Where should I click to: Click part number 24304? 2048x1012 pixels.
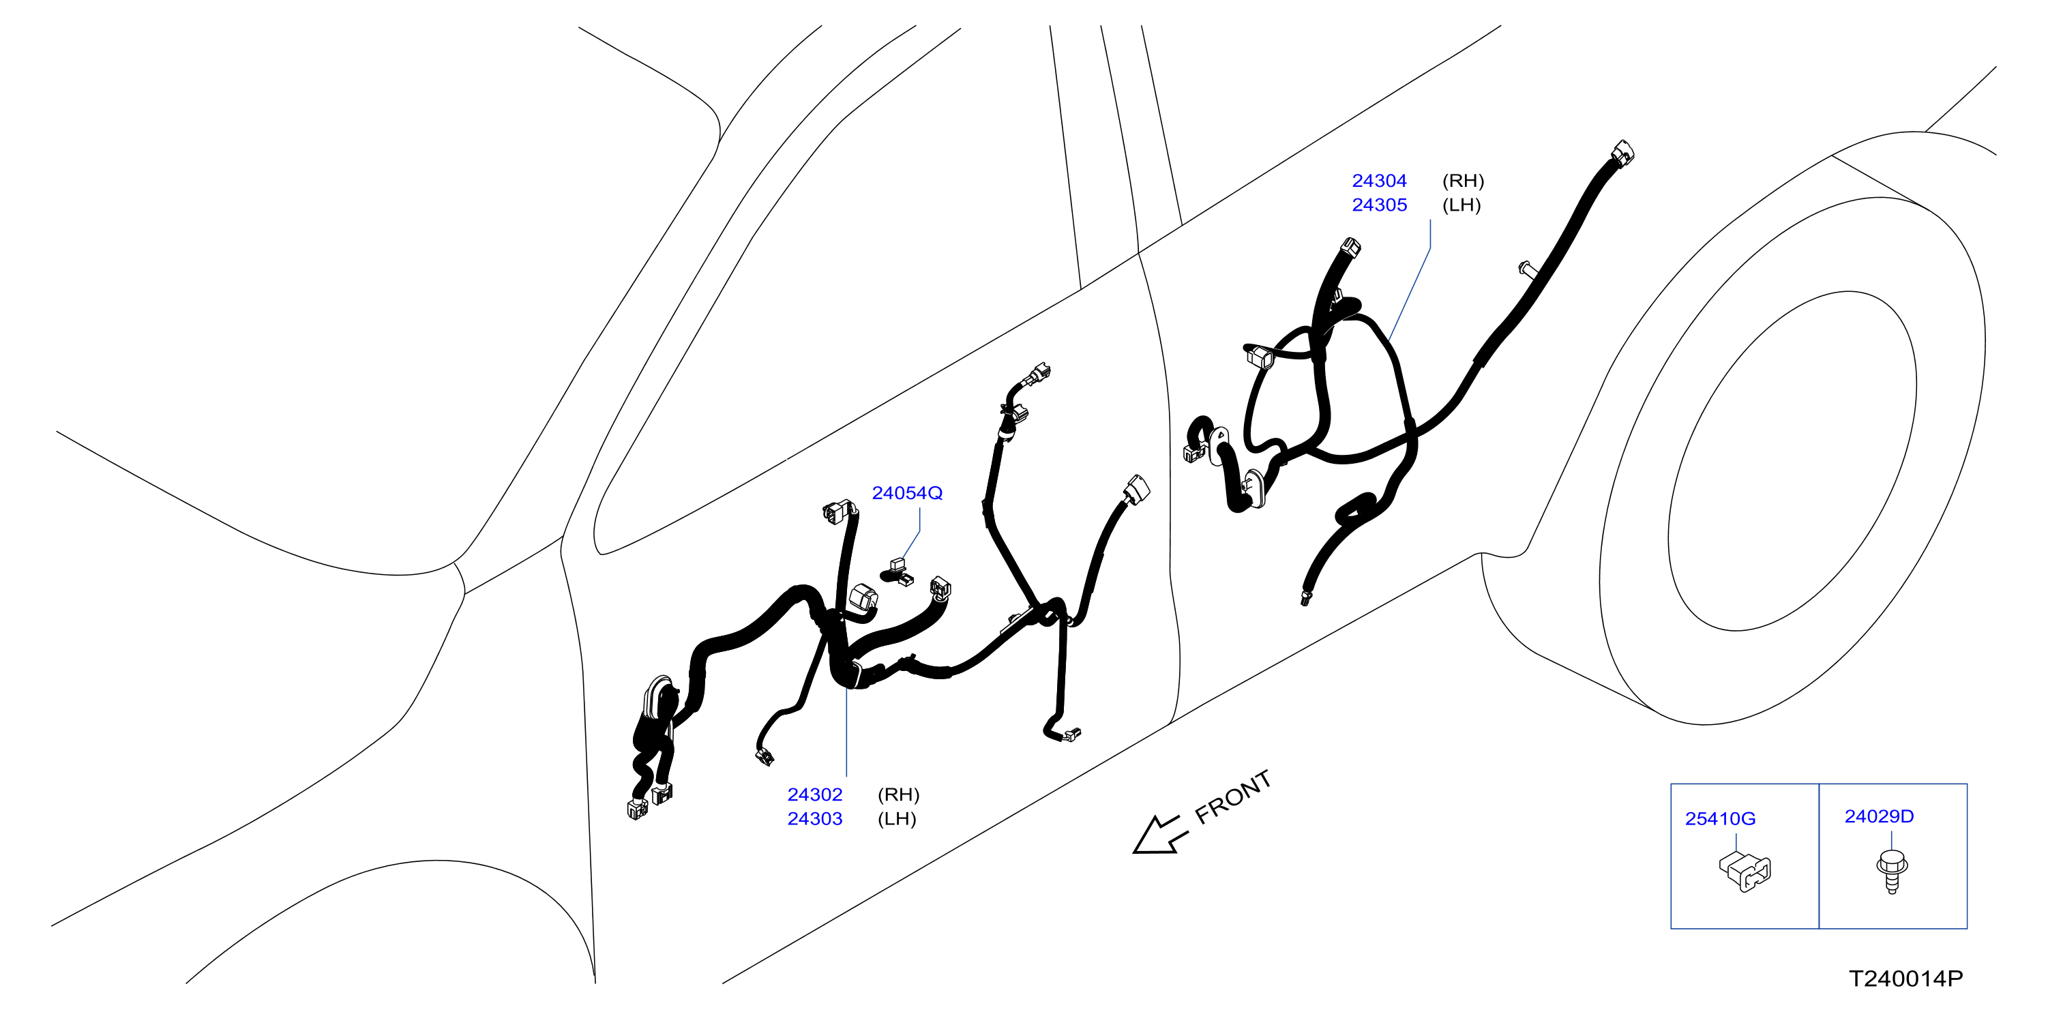tap(1380, 181)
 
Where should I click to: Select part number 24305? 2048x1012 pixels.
tap(1380, 205)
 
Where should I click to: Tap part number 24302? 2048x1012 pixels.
tap(815, 795)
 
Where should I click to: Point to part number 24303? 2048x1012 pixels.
tap(815, 819)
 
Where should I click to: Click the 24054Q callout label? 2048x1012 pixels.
tap(907, 494)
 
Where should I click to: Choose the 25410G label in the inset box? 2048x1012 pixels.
tap(1721, 819)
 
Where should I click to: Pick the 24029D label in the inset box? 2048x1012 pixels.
tap(1880, 816)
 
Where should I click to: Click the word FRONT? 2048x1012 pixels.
tap(1233, 797)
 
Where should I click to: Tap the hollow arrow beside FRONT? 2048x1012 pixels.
tap(1159, 835)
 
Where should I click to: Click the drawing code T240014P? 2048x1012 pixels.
tap(1905, 979)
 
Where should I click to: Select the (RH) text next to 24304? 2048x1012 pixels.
tap(1463, 181)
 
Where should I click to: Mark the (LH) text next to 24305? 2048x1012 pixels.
tap(1461, 205)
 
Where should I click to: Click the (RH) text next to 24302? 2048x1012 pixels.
tap(898, 795)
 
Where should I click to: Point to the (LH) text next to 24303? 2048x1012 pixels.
tap(897, 819)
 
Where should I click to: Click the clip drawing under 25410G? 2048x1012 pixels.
tap(1745, 872)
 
